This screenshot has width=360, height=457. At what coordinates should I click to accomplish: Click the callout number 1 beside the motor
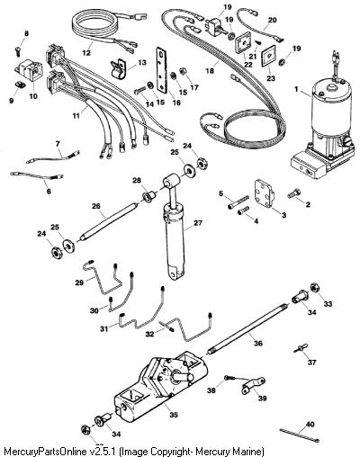point(296,89)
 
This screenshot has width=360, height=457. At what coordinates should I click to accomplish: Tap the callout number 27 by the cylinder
point(198,223)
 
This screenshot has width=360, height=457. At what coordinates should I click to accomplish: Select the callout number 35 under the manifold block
point(173,415)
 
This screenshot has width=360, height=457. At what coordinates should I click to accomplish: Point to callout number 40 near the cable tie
point(310,425)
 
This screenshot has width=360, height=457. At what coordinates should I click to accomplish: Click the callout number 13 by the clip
point(142,62)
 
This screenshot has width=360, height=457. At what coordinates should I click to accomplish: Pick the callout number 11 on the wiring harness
point(76,115)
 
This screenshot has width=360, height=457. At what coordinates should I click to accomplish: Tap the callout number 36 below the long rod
point(257,343)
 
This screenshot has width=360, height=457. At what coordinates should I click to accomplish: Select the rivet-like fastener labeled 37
point(299,348)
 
